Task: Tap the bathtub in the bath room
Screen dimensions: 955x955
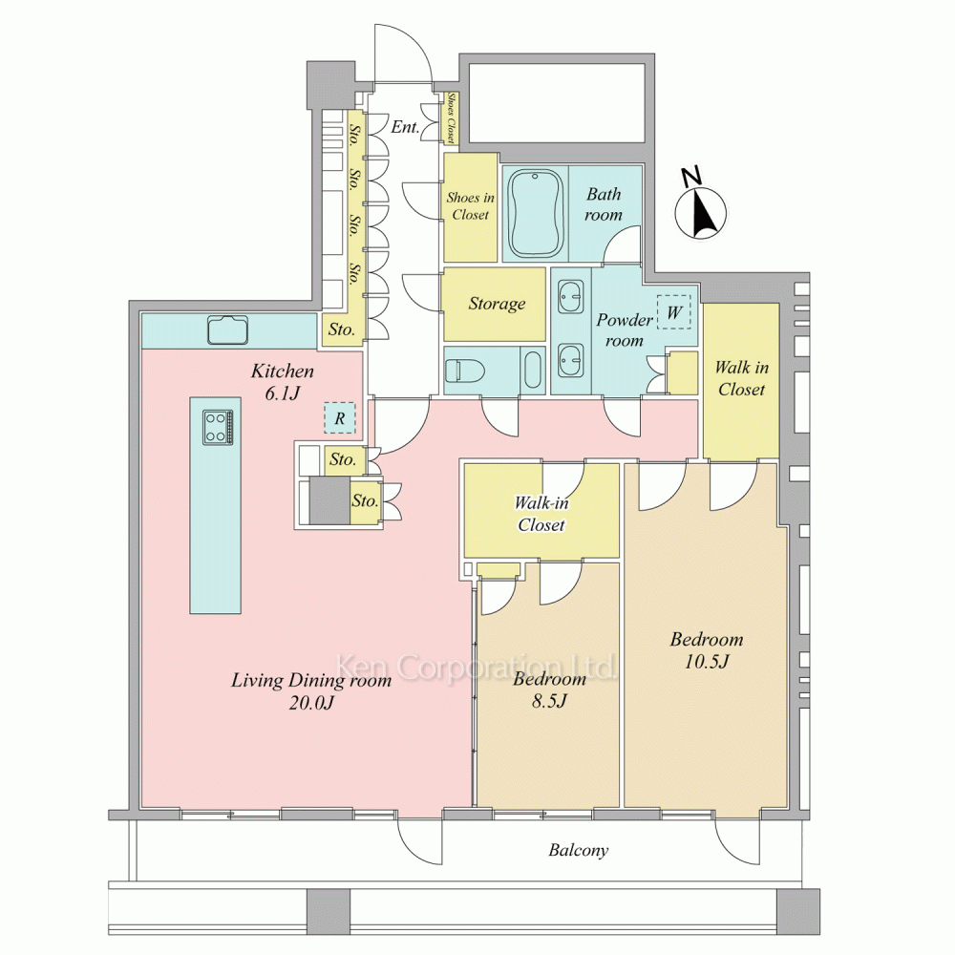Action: (x=535, y=213)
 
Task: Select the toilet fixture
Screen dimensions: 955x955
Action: (x=464, y=371)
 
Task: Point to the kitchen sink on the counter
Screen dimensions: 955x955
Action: (x=228, y=330)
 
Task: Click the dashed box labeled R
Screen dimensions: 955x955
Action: (x=339, y=418)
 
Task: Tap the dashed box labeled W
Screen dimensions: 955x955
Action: (x=673, y=312)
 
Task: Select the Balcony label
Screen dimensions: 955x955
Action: (x=578, y=850)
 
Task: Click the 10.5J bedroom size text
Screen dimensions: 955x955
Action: (x=707, y=662)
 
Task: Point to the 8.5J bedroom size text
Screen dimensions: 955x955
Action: (x=549, y=701)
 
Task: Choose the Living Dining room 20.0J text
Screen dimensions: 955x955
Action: (x=311, y=691)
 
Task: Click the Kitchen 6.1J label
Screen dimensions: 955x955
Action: (x=283, y=382)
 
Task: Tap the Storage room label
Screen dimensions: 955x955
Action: (x=497, y=304)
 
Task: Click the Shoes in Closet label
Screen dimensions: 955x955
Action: (x=470, y=206)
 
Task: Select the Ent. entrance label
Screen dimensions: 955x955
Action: (x=405, y=127)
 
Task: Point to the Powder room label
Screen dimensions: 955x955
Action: (x=625, y=329)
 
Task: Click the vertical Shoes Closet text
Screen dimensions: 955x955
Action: (x=451, y=117)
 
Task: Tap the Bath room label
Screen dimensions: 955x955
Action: (x=604, y=204)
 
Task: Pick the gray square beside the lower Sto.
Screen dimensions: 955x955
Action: (x=329, y=500)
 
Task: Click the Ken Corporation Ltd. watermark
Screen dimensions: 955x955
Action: (x=477, y=667)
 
